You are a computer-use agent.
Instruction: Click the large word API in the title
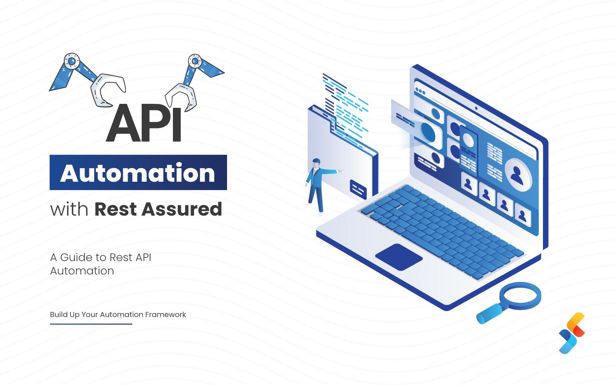tap(144, 123)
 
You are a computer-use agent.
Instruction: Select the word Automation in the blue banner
tap(138, 173)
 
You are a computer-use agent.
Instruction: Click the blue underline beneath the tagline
tap(91, 324)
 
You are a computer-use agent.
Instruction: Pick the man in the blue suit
tap(317, 185)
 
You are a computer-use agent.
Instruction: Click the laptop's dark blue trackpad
tap(399, 257)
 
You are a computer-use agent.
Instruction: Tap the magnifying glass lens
tap(520, 296)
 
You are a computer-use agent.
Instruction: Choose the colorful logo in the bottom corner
tap(572, 333)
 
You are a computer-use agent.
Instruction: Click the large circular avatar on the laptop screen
tap(518, 174)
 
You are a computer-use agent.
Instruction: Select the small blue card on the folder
tap(358, 189)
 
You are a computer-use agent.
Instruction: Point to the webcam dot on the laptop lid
tap(476, 108)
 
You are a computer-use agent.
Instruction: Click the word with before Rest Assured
tap(69, 209)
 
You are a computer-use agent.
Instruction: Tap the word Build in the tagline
tap(59, 315)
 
